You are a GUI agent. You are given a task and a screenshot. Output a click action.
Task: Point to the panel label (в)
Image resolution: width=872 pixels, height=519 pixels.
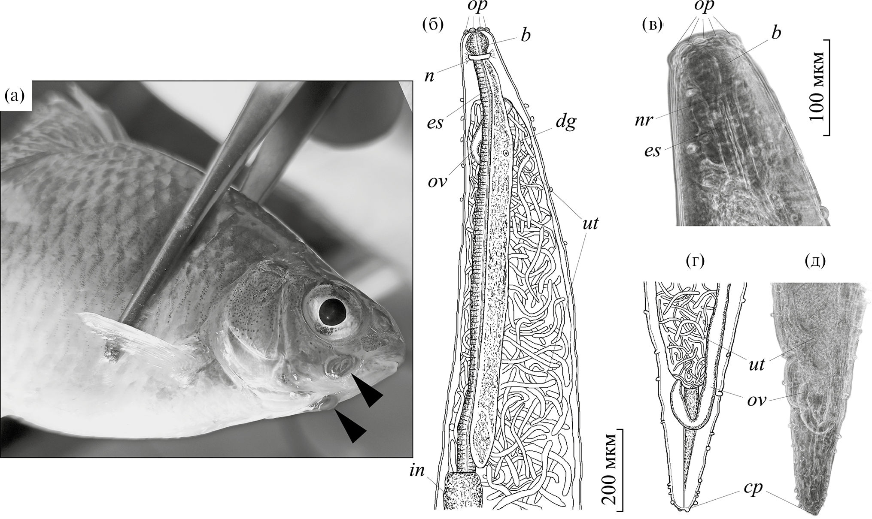pos(652,25)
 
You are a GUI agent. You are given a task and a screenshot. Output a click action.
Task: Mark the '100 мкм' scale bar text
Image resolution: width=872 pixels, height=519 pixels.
pos(816,87)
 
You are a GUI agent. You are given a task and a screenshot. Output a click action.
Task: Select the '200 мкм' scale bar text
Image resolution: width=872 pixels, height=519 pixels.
pos(609,469)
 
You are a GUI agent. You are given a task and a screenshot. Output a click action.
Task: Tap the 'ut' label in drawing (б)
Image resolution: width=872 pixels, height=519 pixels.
pos(590,223)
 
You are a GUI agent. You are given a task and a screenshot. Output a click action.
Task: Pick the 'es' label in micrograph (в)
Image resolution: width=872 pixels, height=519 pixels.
pos(653,151)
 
